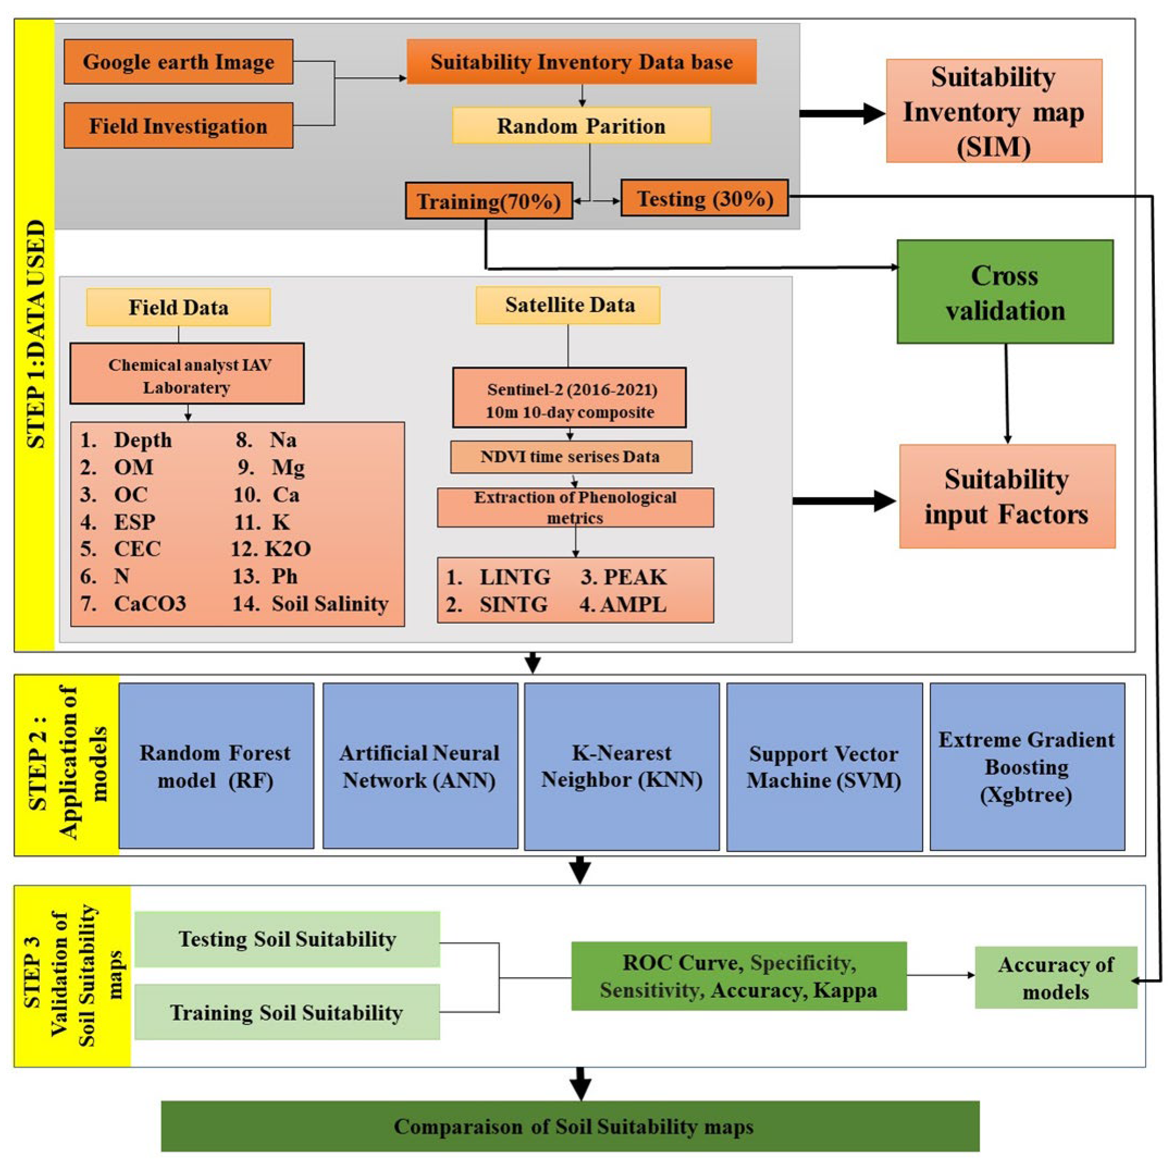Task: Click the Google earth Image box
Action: point(178,62)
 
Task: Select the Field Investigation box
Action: point(178,126)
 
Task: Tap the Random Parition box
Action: point(581,126)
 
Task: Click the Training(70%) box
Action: point(488,201)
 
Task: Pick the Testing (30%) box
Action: point(704,199)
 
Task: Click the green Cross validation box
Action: point(1005,293)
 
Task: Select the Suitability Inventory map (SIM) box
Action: point(993,111)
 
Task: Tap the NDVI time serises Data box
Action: point(570,457)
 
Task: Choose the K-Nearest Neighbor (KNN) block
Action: point(621,766)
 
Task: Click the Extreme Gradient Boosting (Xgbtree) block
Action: point(1027,766)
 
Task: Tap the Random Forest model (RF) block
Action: point(216,766)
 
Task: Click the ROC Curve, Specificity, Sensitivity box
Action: point(738,976)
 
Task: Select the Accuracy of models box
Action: point(1055,977)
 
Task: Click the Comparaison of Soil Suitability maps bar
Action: point(570,1126)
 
